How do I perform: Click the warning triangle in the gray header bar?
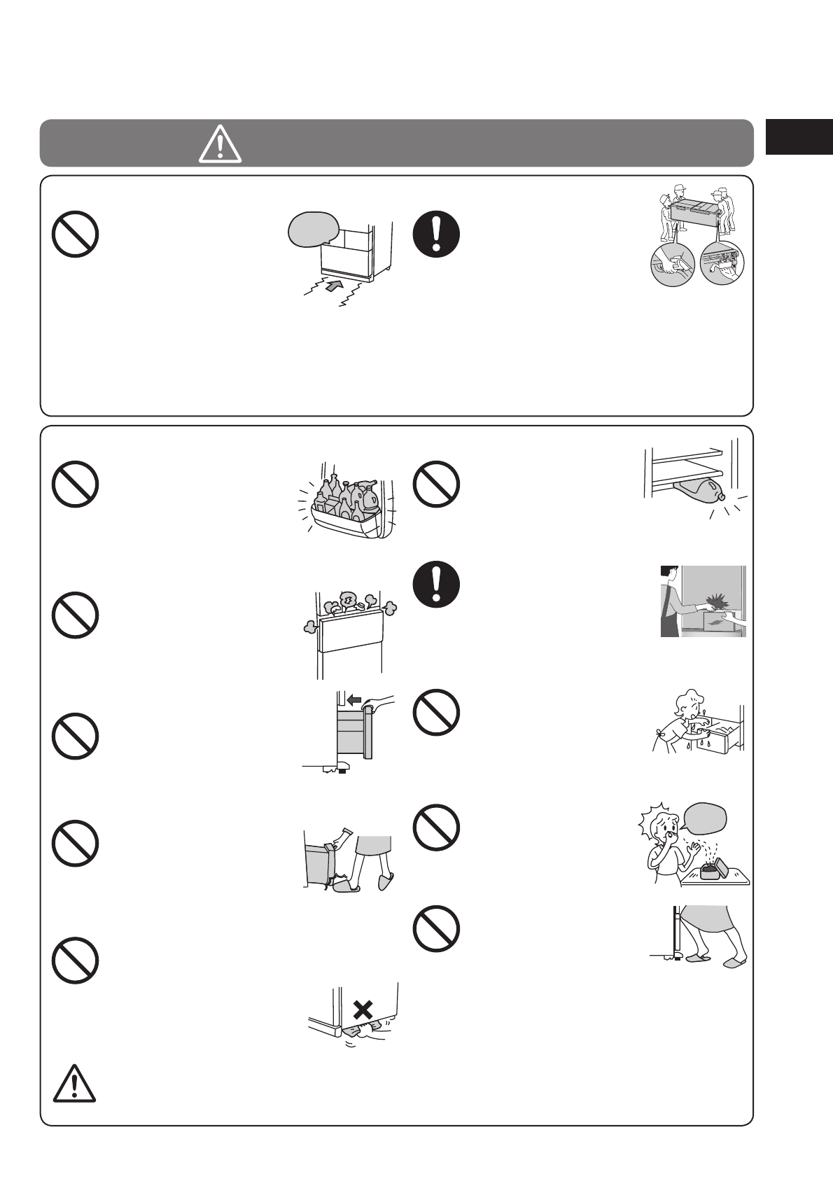pos(220,145)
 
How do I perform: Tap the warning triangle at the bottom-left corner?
pos(74,1083)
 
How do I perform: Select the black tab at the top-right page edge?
pos(799,136)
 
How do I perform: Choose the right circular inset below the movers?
pos(722,264)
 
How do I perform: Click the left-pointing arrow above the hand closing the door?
pos(356,699)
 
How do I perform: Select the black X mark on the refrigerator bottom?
pos(362,1010)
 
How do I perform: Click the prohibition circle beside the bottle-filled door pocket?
pos(74,484)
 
